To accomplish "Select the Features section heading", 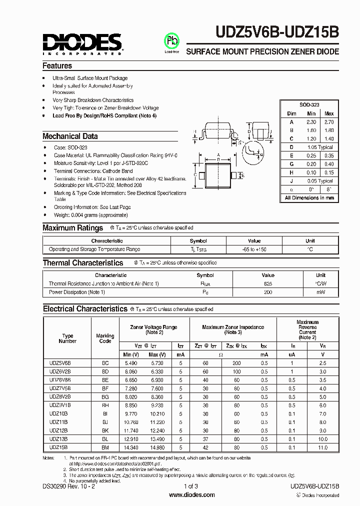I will pos(57,65).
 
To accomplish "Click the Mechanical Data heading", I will pos(70,136).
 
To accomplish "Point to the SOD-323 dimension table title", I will pos(309,105).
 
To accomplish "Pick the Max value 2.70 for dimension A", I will pos(328,121).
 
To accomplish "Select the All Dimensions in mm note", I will pos(309,197).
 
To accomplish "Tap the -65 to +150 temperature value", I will pos(254,249).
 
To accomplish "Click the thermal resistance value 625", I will pos(268,283).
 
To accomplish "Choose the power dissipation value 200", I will pos(268,291).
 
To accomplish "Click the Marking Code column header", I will pos(105,338).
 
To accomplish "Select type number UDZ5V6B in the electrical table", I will pos(60,362).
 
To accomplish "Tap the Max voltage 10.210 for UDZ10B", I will pos(156,413).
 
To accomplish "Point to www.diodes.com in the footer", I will pos(192,494).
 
